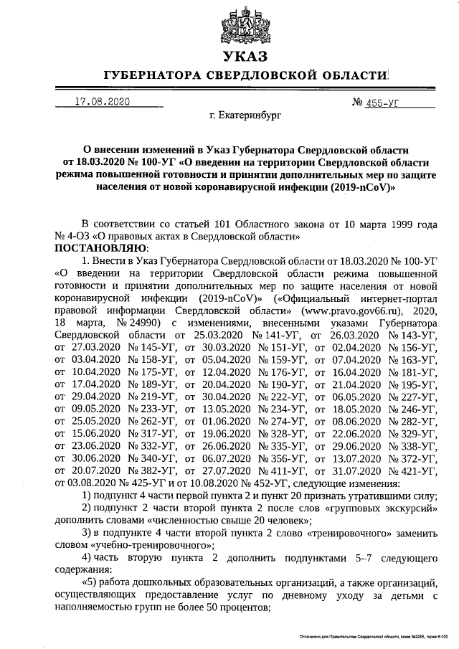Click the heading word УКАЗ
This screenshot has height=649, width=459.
coord(244,57)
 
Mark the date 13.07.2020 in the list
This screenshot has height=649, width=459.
coord(353,458)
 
